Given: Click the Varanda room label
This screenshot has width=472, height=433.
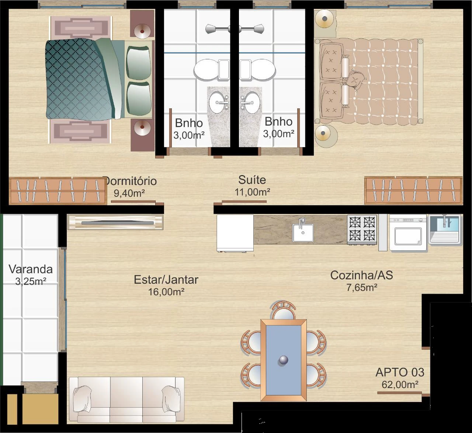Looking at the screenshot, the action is [x=31, y=269].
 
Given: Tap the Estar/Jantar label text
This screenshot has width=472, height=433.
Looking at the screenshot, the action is [x=166, y=280].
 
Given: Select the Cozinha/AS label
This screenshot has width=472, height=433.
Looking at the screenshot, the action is [x=362, y=275].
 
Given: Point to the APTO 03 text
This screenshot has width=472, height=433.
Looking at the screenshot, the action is [x=400, y=372].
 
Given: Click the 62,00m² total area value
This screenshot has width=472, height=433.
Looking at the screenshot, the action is [x=400, y=385].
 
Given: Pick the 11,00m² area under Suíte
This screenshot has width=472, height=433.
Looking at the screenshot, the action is [x=252, y=192].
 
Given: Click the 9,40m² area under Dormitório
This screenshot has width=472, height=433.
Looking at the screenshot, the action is [x=129, y=193].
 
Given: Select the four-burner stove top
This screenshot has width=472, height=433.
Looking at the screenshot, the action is [x=362, y=229].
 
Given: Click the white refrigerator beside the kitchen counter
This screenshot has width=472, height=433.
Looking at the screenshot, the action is [x=235, y=233].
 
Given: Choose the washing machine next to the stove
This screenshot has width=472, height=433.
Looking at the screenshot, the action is [x=408, y=232].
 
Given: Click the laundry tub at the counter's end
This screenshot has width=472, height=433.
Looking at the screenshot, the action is [x=445, y=229].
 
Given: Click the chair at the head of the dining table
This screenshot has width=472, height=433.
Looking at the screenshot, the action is [x=284, y=310].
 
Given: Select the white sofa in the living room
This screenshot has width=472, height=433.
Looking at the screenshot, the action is [x=126, y=399].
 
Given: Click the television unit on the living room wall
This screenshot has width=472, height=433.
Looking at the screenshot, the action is [x=115, y=222].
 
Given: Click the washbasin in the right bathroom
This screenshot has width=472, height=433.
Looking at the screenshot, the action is [x=250, y=102].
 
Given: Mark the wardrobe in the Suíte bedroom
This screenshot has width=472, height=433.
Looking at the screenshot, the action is [x=414, y=190].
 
